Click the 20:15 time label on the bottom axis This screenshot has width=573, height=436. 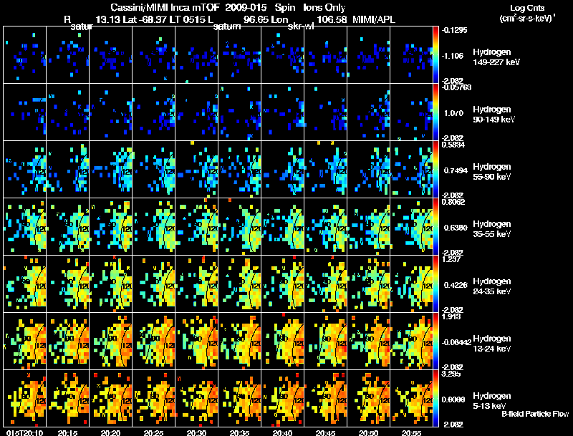point(67,432)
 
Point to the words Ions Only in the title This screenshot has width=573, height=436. point(324,7)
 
